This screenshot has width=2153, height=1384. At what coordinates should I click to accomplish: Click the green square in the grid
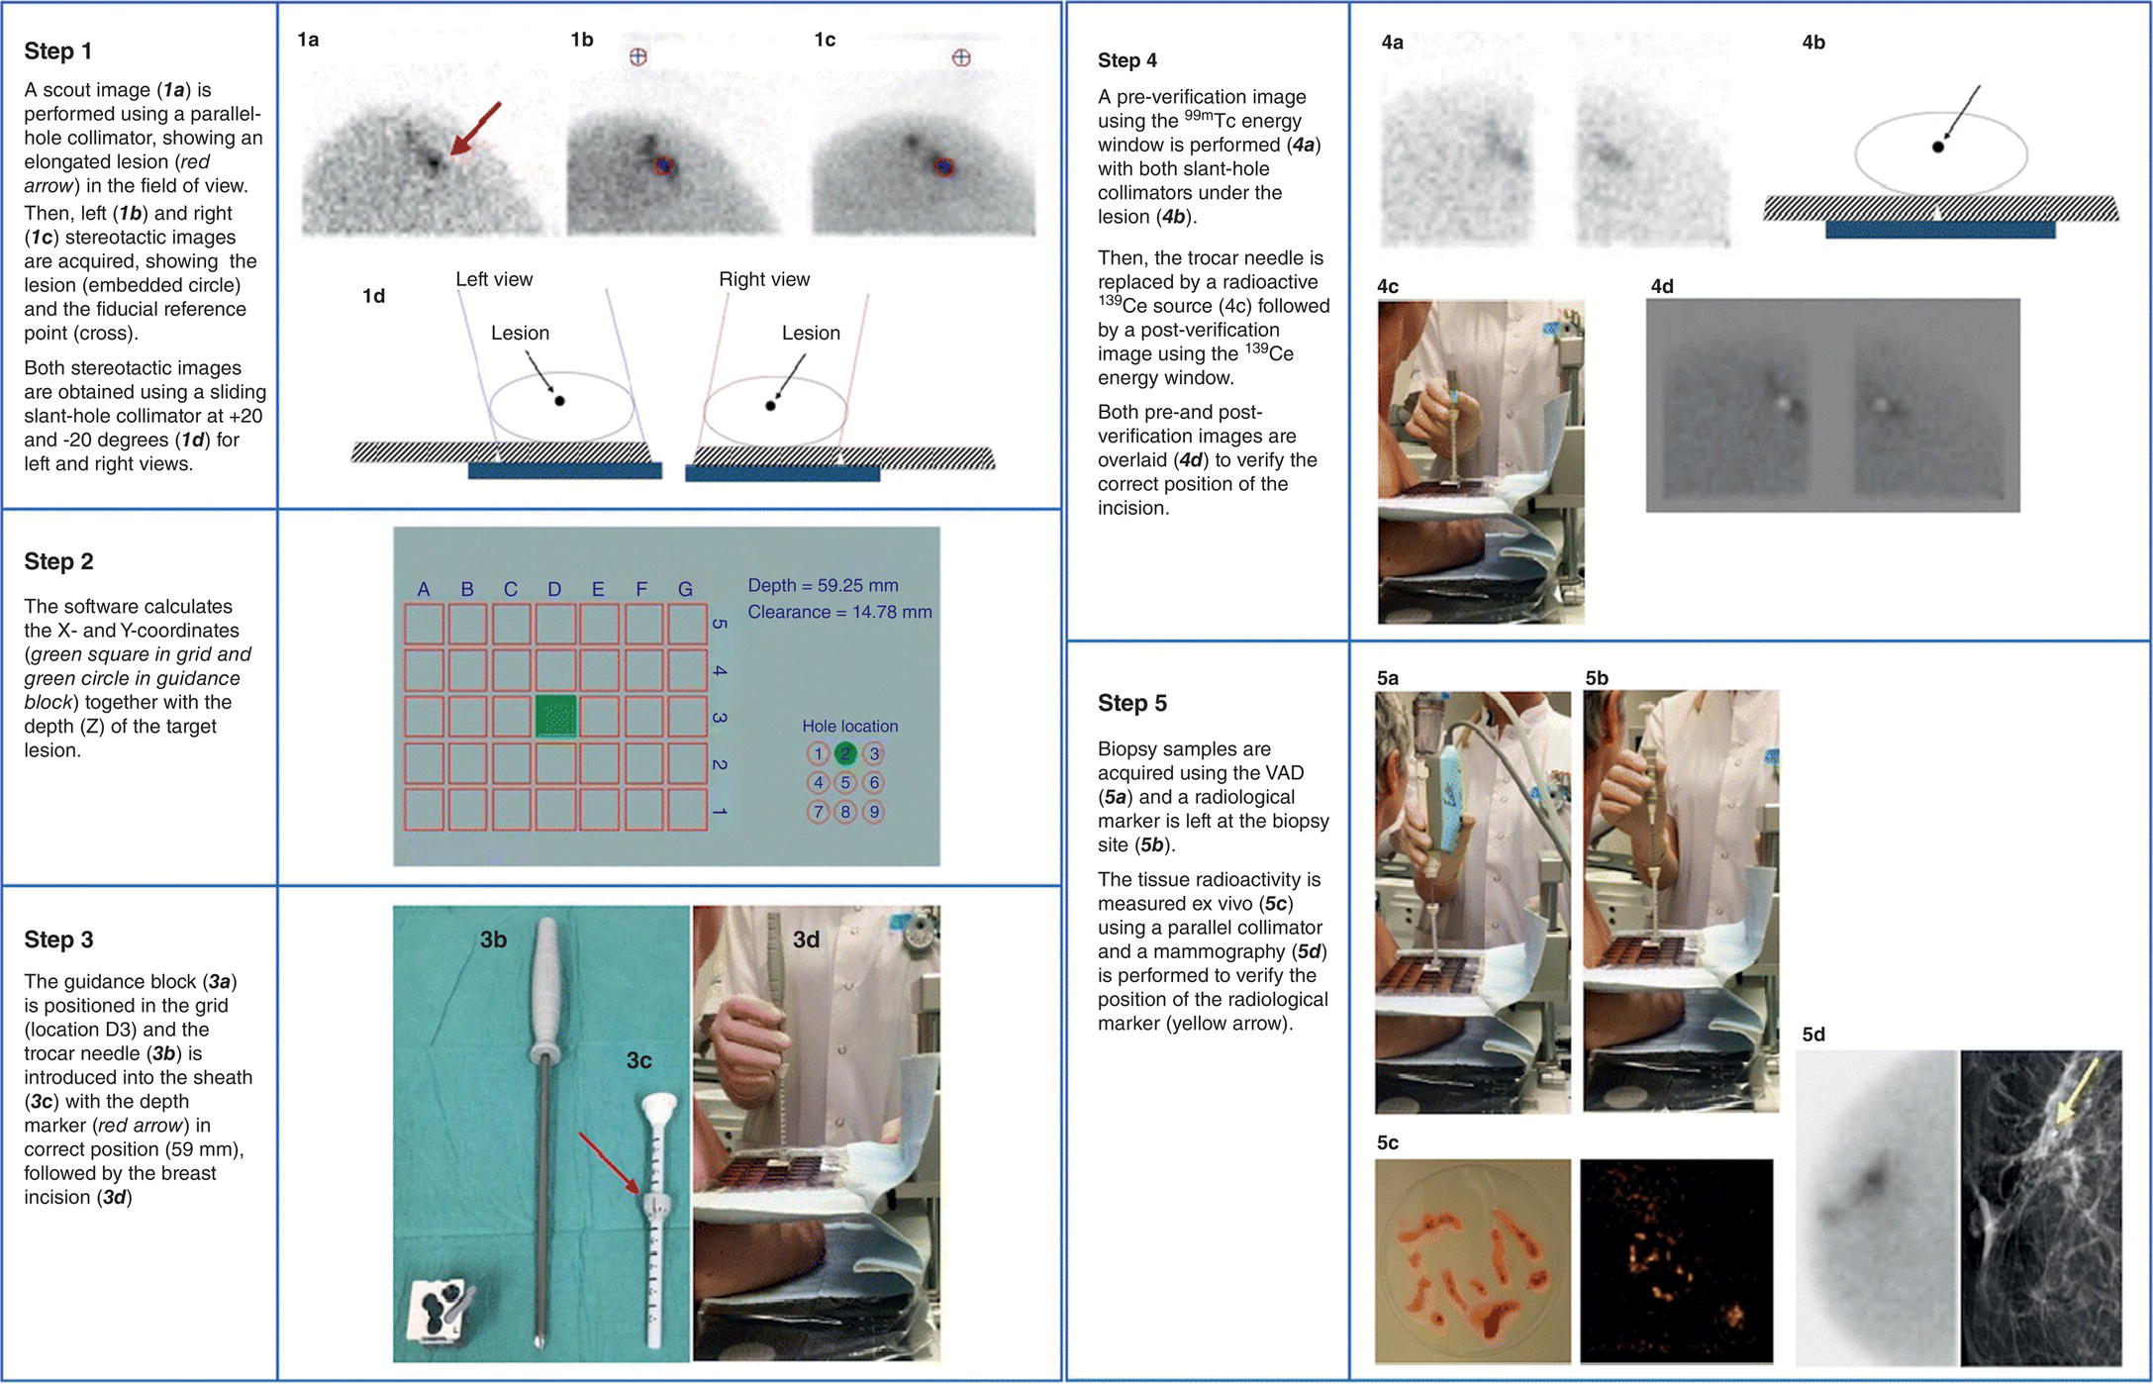(x=555, y=716)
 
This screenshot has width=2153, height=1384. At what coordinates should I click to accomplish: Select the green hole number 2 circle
(x=845, y=753)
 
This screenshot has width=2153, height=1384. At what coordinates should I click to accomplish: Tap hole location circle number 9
(x=873, y=812)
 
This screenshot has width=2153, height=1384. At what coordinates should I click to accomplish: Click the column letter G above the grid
(x=685, y=589)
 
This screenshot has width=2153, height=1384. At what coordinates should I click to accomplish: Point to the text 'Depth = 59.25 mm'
(x=823, y=585)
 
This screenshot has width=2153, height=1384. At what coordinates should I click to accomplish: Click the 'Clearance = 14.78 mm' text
(x=839, y=612)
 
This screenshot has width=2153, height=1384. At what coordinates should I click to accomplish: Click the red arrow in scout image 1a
(x=475, y=129)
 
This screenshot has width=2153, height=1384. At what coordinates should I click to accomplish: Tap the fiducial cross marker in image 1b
(x=638, y=56)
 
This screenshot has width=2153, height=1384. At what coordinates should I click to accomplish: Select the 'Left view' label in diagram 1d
(x=494, y=279)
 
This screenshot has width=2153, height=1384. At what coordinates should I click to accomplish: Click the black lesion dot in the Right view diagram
(x=770, y=405)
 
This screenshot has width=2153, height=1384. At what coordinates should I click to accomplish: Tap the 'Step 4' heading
(x=1126, y=60)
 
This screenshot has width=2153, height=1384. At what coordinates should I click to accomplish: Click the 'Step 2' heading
(x=58, y=561)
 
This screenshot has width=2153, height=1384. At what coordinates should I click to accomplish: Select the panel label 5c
(x=1388, y=1142)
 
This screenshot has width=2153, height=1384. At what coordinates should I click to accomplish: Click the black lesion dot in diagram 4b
(x=1937, y=147)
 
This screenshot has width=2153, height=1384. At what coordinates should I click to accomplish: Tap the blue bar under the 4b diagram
(x=1940, y=230)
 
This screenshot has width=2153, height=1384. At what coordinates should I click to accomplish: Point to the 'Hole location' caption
(x=850, y=726)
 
